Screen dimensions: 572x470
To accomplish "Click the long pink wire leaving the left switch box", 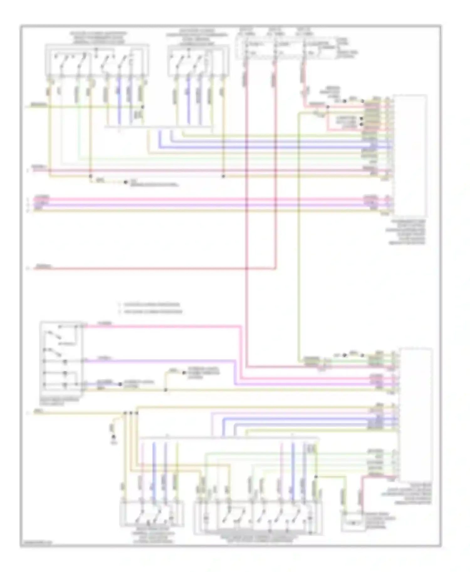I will coord(163,326).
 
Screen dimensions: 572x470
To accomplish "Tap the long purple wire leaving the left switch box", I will coord(160,360).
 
